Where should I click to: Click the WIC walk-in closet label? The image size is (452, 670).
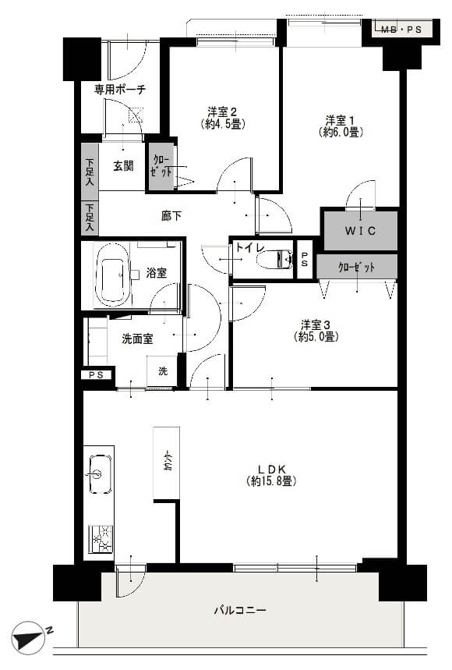(360, 230)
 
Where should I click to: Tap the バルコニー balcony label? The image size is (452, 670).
(240, 610)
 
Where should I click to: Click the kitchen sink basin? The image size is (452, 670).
(97, 473)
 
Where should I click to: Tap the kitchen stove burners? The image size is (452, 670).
(100, 538)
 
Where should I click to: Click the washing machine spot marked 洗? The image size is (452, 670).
(163, 371)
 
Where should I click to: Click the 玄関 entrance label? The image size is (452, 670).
(122, 165)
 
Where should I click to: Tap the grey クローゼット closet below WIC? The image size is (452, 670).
(357, 267)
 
